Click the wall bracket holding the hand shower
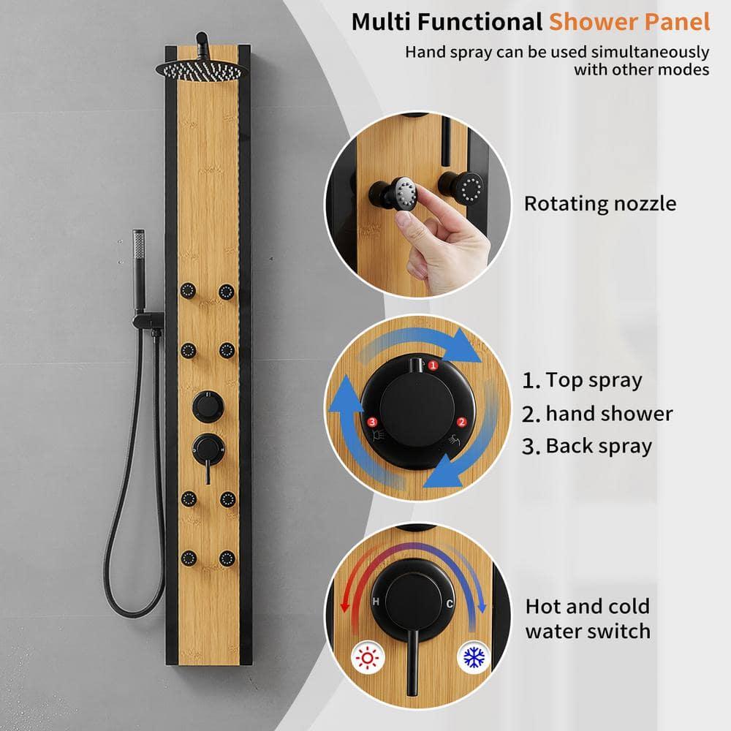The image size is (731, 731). click(x=150, y=319)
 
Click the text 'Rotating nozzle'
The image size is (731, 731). click(x=599, y=203)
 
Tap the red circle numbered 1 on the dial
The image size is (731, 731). click(x=433, y=364)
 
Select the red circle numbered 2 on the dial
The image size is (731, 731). click(x=461, y=422)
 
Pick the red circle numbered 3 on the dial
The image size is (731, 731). click(x=372, y=423)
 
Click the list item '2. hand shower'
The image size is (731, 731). click(x=597, y=414)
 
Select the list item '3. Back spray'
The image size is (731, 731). click(x=587, y=446)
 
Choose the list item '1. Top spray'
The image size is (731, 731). click(x=582, y=380)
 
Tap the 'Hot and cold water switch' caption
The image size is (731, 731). click(x=587, y=618)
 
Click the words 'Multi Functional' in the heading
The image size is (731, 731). click(x=447, y=22)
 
